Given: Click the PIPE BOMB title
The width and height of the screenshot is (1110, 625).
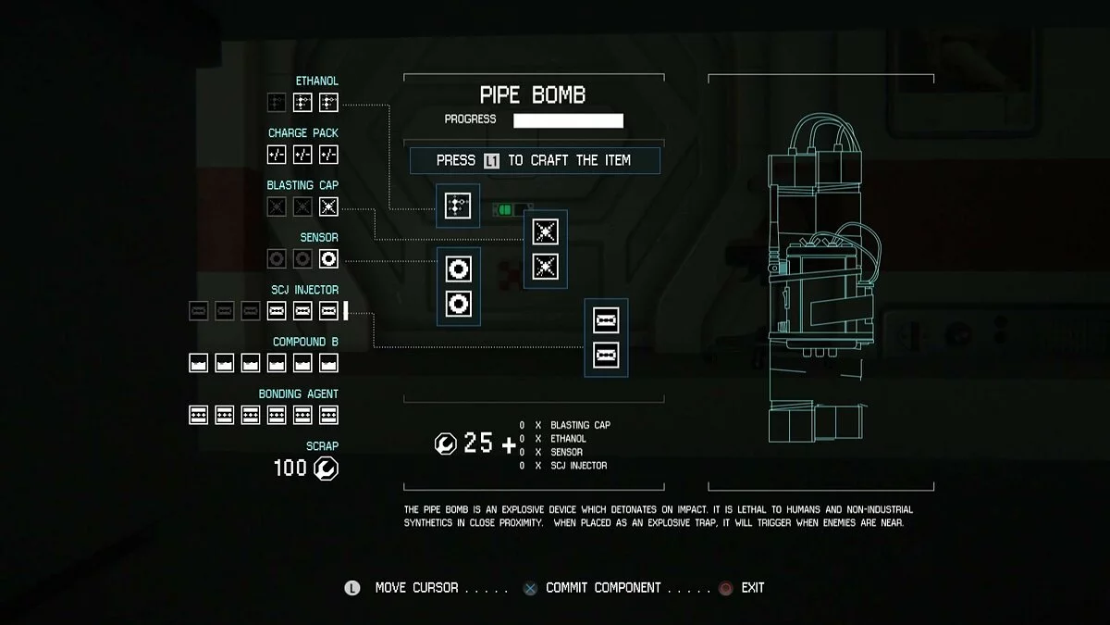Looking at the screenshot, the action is point(533,94).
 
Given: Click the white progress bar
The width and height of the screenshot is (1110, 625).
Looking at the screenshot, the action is point(568,120).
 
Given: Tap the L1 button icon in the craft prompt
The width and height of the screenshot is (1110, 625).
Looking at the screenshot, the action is point(491,161).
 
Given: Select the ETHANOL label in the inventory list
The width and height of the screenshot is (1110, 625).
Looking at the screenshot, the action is point(316,81).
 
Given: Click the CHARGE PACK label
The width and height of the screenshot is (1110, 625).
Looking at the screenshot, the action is point(302,133).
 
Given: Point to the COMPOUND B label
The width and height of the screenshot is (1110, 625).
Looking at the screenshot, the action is point(305,342).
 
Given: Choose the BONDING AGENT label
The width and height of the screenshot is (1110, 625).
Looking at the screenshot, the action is point(298,394).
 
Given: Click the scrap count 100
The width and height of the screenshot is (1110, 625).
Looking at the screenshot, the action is point(290,468).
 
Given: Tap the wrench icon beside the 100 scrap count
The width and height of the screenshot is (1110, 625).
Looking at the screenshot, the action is point(326,469).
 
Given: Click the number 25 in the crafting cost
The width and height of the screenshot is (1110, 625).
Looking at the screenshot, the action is point(478,443).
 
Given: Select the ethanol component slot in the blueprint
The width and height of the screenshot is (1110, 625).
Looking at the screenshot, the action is point(458,206).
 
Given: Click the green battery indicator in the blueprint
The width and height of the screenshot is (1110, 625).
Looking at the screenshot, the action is point(505,210).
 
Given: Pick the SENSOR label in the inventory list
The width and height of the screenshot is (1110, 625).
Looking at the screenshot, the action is point(319,238).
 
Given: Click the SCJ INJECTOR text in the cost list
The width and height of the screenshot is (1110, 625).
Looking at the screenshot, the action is point(579,465).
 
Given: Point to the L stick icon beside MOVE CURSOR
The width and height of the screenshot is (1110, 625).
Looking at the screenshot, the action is point(351,588).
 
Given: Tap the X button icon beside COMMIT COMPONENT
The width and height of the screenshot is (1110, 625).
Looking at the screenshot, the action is point(530,588).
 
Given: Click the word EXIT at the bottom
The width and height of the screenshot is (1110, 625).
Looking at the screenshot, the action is point(753,588).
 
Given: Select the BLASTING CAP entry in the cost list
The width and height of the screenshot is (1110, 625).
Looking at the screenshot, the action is point(580,425).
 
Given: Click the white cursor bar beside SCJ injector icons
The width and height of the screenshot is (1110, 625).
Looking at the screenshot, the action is point(346,311).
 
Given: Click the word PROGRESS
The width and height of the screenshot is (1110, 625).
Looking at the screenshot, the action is point(470,119).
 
